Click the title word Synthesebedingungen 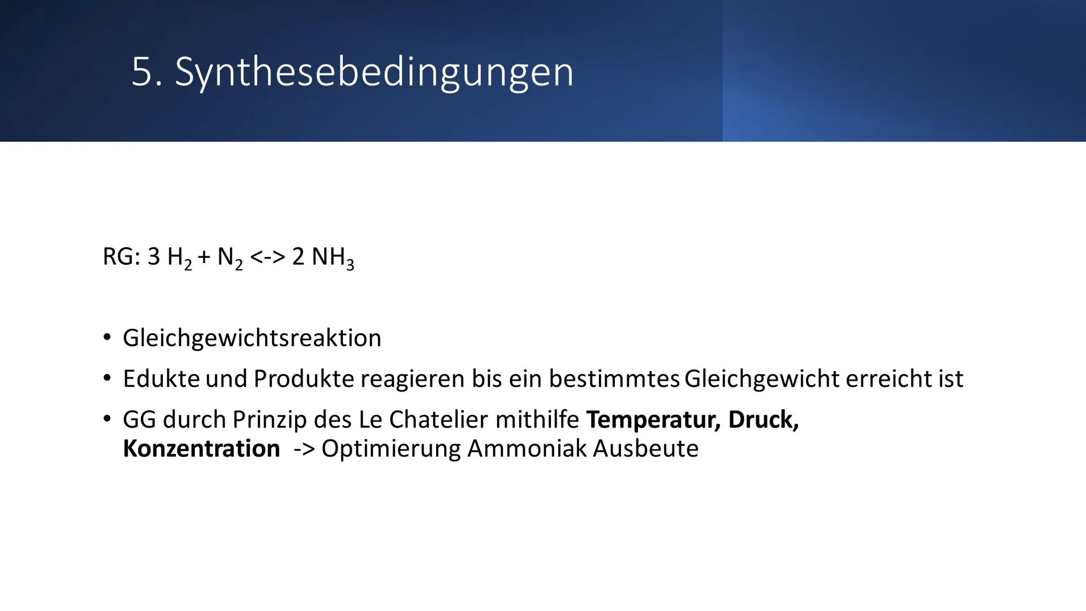click(374, 72)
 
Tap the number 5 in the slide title click(141, 72)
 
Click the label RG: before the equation click(121, 257)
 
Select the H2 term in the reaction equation click(179, 258)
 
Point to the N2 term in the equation click(230, 258)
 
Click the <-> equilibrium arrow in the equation click(267, 257)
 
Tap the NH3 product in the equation click(333, 258)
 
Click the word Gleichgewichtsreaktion click(252, 338)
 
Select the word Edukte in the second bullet click(161, 378)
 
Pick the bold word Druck click(763, 420)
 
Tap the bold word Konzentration click(201, 449)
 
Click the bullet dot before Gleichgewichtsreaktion click(107, 338)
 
